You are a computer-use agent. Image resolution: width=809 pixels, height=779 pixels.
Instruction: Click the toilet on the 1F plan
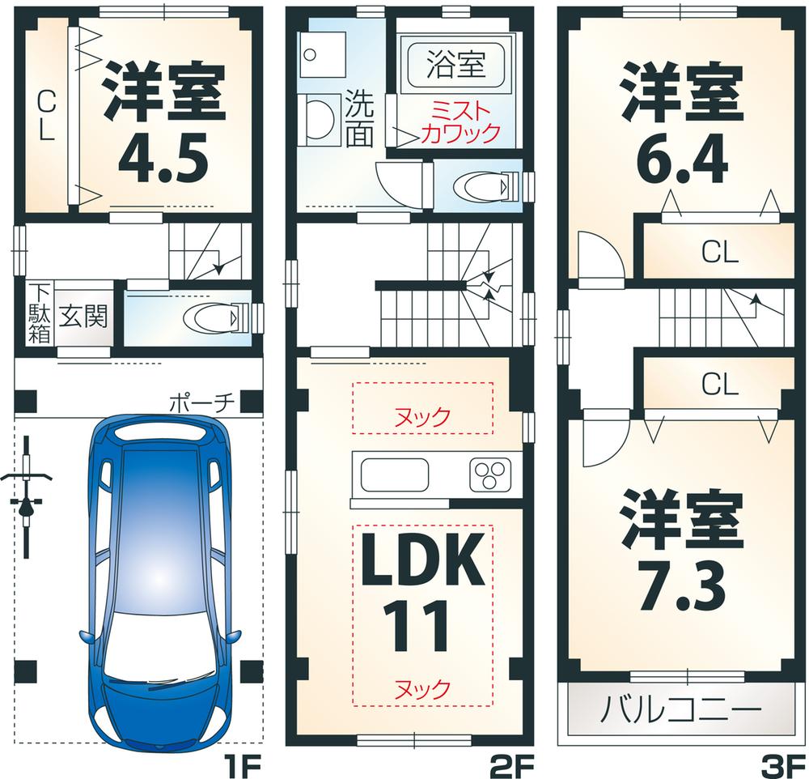(213, 317)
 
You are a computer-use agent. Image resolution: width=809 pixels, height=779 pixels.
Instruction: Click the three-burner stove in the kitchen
(490, 474)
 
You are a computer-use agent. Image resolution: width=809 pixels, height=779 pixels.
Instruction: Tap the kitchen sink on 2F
(394, 474)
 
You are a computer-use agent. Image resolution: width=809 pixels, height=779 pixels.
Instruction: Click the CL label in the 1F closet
(45, 116)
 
